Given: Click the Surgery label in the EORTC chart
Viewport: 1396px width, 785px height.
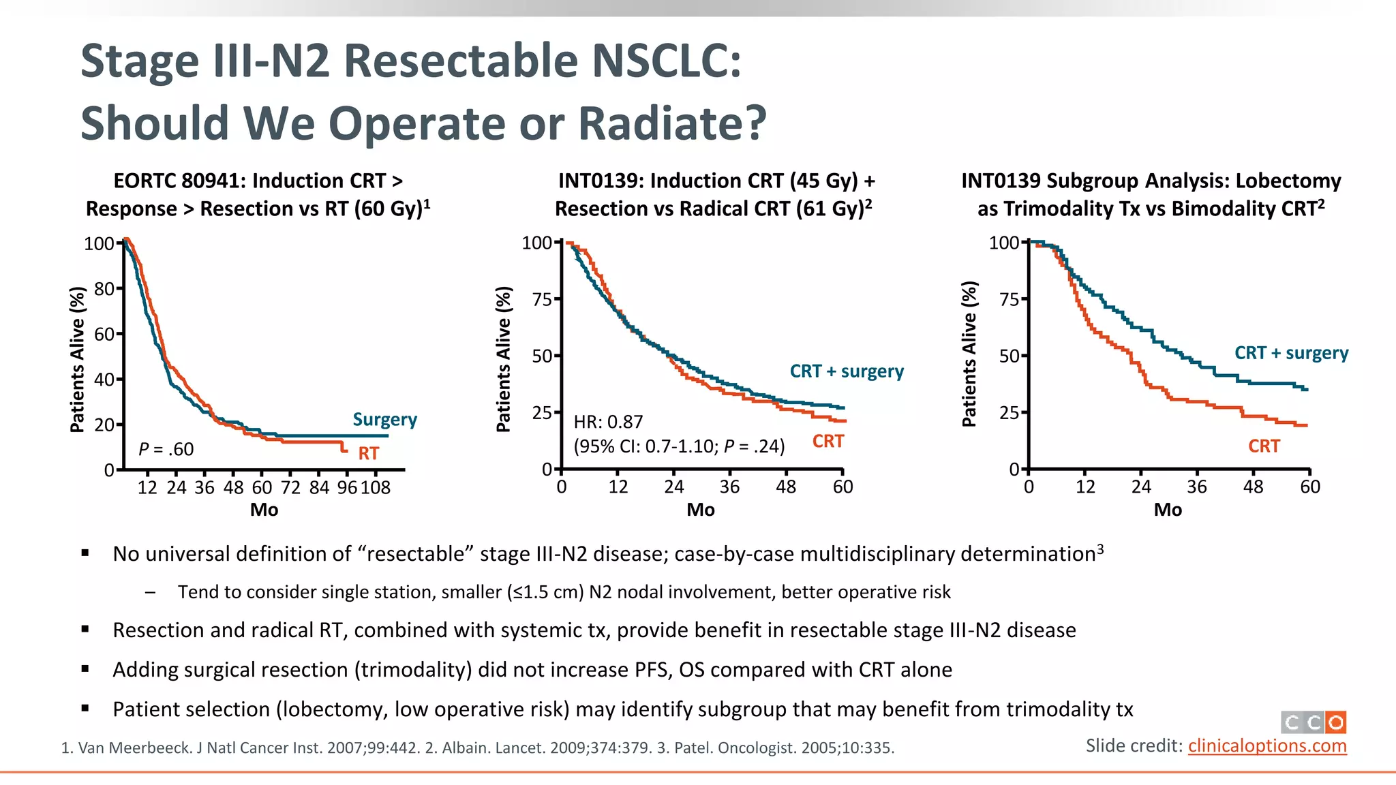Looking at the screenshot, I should [x=384, y=420].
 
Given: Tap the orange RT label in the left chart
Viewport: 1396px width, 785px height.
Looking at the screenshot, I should [x=368, y=453].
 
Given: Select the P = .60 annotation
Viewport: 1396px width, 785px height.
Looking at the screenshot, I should [x=166, y=449].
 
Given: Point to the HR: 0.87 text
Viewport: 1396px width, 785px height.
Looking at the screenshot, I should [x=608, y=422].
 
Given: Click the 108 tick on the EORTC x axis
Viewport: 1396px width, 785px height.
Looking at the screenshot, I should [x=376, y=488].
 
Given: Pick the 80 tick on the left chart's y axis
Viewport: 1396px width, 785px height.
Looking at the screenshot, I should [x=104, y=289].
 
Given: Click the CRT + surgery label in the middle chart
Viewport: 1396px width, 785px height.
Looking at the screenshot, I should [x=847, y=371].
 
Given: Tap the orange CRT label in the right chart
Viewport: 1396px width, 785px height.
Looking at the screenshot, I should [x=1264, y=446].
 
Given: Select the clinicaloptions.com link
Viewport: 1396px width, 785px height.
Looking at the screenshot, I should [x=1267, y=746].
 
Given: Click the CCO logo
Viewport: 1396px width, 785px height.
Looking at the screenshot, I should [x=1313, y=722].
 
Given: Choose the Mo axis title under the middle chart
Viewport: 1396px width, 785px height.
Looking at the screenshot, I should [x=701, y=510].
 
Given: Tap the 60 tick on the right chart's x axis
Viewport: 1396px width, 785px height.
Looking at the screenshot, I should [x=1310, y=487].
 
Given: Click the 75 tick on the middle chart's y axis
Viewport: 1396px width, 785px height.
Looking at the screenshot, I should [x=543, y=300].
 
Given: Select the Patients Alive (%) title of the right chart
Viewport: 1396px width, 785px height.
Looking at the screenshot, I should [x=969, y=354].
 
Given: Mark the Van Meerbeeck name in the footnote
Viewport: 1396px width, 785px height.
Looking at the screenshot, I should [x=135, y=748].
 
